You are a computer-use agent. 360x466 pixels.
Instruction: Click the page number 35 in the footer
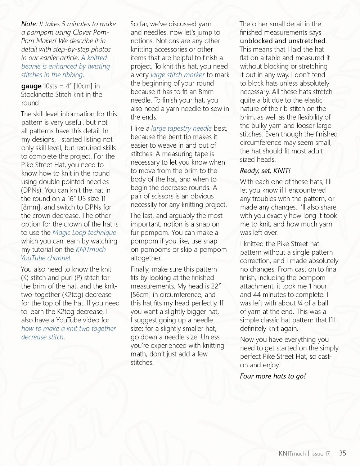point(342,453)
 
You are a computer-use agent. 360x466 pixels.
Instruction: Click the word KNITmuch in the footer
point(292,453)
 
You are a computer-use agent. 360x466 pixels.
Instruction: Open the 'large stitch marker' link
point(177,75)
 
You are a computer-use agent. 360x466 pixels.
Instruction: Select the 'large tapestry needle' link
point(181,129)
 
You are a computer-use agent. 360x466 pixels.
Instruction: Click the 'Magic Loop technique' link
point(84,233)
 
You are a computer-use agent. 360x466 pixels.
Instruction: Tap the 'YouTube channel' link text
point(45,258)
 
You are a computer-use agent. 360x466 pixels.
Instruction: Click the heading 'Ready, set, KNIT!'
point(265,171)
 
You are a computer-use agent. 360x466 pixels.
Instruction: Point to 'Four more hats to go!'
point(273,376)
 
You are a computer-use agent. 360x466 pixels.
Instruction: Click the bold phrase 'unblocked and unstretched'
point(283,41)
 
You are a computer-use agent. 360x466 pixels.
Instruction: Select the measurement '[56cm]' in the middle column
point(141,295)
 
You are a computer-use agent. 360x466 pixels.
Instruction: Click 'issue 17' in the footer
point(320,453)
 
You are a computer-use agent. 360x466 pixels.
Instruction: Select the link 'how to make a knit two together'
point(68,328)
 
